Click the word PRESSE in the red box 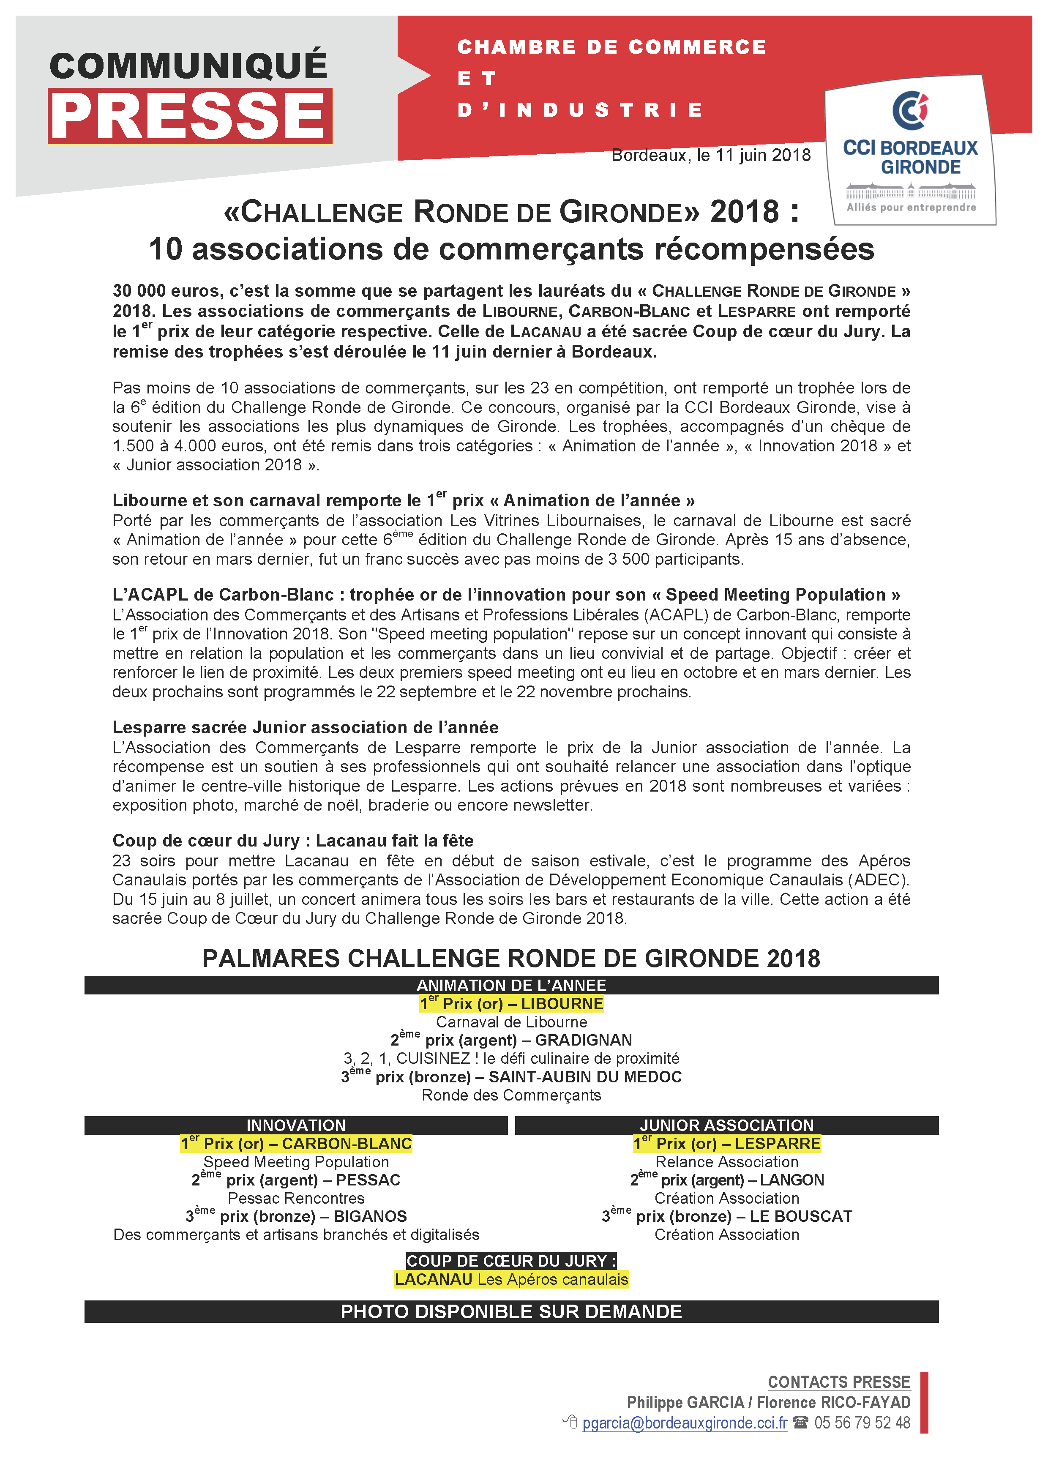coord(189,116)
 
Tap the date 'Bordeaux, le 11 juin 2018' coord(711,156)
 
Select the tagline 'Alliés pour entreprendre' coord(911,208)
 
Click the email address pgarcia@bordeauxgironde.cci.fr coord(685,1423)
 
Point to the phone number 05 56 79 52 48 coord(862,1423)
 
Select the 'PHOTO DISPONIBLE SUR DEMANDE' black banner coord(511,1312)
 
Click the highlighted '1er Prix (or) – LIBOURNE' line coord(511,1004)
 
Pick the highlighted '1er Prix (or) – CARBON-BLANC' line coord(296,1144)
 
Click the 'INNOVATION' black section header coord(296,1125)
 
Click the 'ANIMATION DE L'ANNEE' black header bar coord(511,986)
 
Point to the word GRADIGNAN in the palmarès coord(583,1041)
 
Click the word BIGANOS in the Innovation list coord(370,1217)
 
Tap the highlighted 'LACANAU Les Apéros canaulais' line coord(511,1280)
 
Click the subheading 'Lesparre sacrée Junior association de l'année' coord(306,727)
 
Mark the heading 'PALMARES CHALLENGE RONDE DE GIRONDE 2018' coord(511,959)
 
